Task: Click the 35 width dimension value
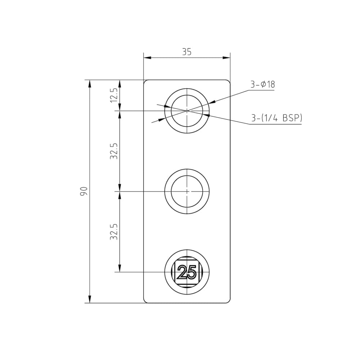pyautogui.click(x=186, y=52)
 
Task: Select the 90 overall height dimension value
pyautogui.click(x=84, y=191)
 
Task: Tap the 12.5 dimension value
pyautogui.click(x=114, y=95)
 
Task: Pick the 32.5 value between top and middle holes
pyautogui.click(x=114, y=151)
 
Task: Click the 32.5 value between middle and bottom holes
pyautogui.click(x=114, y=231)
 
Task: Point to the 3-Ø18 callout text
pyautogui.click(x=263, y=85)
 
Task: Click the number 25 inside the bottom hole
pyautogui.click(x=187, y=272)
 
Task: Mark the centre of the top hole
pyautogui.click(x=187, y=111)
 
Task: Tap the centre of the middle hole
pyautogui.click(x=187, y=192)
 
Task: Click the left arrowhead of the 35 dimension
pyautogui.click(x=147, y=57)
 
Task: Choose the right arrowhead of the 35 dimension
pyautogui.click(x=227, y=57)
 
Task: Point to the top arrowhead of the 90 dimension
pyautogui.click(x=90, y=83)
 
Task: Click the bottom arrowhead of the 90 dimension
pyautogui.click(x=90, y=300)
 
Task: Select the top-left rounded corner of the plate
pyautogui.click(x=145, y=81)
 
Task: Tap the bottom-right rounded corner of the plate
pyautogui.click(x=229, y=301)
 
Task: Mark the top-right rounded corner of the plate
pyautogui.click(x=229, y=81)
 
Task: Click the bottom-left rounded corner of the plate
pyautogui.click(x=145, y=301)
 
